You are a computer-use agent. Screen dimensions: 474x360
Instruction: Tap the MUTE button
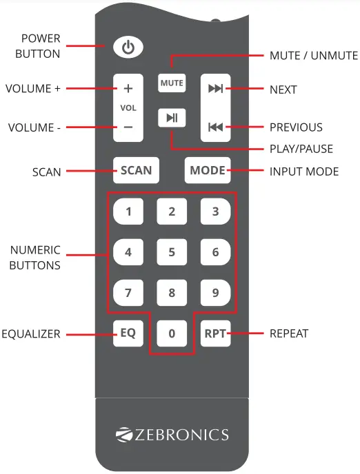(172, 83)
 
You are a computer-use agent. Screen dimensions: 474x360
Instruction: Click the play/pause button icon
(172, 118)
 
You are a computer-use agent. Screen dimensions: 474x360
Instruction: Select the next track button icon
(215, 88)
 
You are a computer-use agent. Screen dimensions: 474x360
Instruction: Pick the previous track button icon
(215, 127)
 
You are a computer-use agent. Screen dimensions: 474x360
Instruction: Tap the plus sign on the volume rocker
(128, 89)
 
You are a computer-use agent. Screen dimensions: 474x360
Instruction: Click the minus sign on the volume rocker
(128, 127)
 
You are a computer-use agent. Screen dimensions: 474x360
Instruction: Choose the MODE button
(208, 170)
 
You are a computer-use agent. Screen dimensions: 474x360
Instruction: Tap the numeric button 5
(172, 252)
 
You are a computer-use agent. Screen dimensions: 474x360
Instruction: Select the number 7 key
(128, 293)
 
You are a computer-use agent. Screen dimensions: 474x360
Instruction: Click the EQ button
(128, 333)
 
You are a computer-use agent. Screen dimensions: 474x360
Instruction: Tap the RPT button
(215, 333)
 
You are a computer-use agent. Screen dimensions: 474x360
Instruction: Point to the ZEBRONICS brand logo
(172, 435)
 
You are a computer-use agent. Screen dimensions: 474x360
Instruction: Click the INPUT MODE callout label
(303, 171)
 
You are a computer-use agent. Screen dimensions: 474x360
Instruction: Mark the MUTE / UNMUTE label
(314, 56)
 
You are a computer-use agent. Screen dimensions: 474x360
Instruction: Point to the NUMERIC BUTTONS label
(34, 257)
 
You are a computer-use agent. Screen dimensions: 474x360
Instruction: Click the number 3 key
(215, 212)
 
